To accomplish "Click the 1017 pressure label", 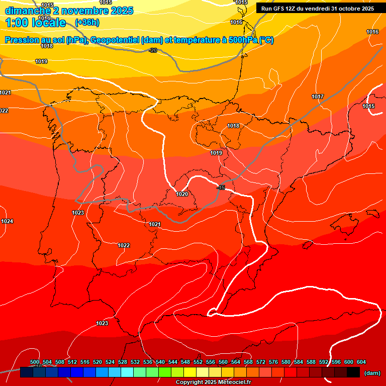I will pyautogui.click(x=318, y=96).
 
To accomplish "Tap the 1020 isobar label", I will pyautogui.click(x=182, y=194).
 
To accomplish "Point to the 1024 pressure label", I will pyautogui.click(x=7, y=222).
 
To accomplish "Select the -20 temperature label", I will pyautogui.click(x=153, y=50).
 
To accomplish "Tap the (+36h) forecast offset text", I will pyautogui.click(x=87, y=22).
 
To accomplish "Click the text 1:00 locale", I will pyautogui.click(x=36, y=23).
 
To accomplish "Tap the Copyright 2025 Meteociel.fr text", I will pyautogui.click(x=213, y=382).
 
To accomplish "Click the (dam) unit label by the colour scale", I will pyautogui.click(x=372, y=373).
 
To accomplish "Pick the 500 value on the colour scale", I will pyautogui.click(x=35, y=362).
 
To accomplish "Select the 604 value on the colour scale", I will pyautogui.click(x=361, y=362).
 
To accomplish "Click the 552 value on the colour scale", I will pyautogui.click(x=198, y=362).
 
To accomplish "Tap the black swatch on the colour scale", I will pyautogui.click(x=353, y=372).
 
